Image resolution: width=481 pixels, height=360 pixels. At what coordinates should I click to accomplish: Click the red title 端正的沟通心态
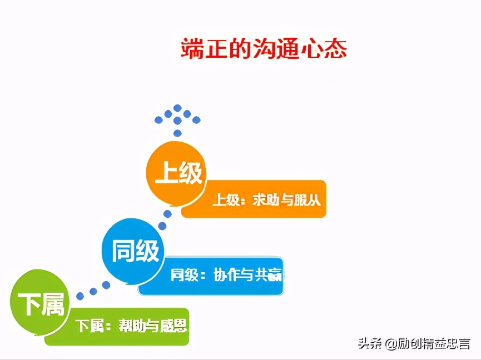[x=264, y=48]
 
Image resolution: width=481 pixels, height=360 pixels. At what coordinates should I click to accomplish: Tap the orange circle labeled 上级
[x=176, y=173]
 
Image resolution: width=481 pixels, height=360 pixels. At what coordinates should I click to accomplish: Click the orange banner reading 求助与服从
[x=254, y=199]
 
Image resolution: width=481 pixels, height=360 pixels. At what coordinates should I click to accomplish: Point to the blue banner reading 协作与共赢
[x=210, y=276]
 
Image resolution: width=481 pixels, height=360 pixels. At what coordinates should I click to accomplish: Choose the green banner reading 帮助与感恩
[x=117, y=327]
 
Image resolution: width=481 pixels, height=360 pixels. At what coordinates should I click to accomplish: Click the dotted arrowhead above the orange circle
[x=177, y=115]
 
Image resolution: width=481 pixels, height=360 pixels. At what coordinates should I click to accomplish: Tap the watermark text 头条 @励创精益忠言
[x=414, y=343]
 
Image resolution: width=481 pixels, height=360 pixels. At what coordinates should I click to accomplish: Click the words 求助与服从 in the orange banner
[x=286, y=201]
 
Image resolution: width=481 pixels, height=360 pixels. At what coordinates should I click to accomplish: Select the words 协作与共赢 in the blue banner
[x=247, y=275]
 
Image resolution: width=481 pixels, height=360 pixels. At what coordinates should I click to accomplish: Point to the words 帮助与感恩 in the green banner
[x=153, y=326]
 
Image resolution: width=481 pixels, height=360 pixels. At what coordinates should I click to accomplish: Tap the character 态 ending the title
[x=336, y=48]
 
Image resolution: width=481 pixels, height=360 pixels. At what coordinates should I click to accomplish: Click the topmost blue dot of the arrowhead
[x=177, y=108]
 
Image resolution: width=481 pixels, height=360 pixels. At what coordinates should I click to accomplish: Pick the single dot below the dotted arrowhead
[x=177, y=133]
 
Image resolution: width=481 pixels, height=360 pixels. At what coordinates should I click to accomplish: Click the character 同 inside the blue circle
[x=123, y=251]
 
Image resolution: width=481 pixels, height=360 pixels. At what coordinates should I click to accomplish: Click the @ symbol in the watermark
[x=391, y=344]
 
